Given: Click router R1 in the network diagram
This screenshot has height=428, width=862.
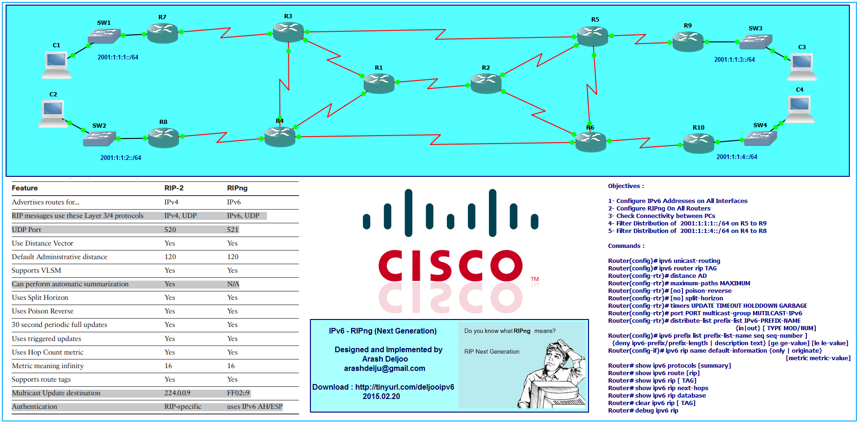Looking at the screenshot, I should pos(379,83).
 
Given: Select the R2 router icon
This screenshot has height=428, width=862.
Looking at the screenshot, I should pos(486,83).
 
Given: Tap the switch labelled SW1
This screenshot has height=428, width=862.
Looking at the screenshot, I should pos(104,36).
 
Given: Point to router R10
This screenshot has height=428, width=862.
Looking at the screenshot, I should pos(698,143).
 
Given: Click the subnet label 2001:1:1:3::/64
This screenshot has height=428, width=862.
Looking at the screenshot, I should pos(734,60).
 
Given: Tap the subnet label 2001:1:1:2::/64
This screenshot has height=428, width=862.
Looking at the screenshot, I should pos(121,158).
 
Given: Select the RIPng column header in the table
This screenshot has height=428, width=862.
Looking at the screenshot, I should pos(237,188).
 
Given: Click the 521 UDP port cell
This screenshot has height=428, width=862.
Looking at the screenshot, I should pos(233,230).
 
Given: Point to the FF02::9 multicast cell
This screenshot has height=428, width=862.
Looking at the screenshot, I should pos(238,393).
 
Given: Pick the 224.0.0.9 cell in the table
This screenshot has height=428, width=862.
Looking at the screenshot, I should pos(177,393).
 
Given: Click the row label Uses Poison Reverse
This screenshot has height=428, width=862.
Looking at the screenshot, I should pos(43,312).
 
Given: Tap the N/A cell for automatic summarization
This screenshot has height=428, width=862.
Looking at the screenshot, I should pos(233,284).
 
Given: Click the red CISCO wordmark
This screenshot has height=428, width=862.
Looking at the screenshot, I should pos(450,265).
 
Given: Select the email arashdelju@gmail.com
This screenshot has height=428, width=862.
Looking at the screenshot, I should pos(384,369).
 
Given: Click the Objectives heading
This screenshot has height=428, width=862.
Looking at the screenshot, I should pos(625,186).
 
